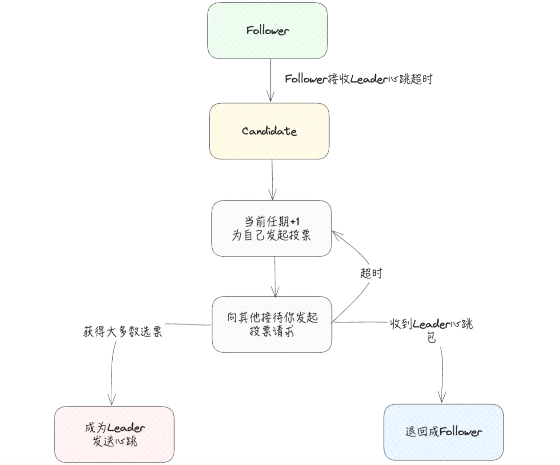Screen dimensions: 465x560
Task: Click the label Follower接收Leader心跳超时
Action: (x=358, y=79)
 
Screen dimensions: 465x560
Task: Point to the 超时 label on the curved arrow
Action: (x=371, y=273)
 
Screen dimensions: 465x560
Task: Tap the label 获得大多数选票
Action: (x=122, y=332)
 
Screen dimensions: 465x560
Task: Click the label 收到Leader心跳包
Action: (x=431, y=329)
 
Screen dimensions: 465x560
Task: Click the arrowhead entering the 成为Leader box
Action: (x=112, y=401)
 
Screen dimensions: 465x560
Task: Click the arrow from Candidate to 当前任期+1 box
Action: (x=272, y=179)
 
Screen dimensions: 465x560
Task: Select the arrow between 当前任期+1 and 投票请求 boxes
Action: (x=275, y=275)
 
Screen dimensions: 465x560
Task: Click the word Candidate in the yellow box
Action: (x=269, y=131)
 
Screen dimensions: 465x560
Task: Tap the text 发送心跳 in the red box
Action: (x=115, y=441)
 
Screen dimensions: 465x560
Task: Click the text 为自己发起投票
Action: (x=271, y=235)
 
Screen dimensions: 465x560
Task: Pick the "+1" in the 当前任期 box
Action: (x=295, y=222)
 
